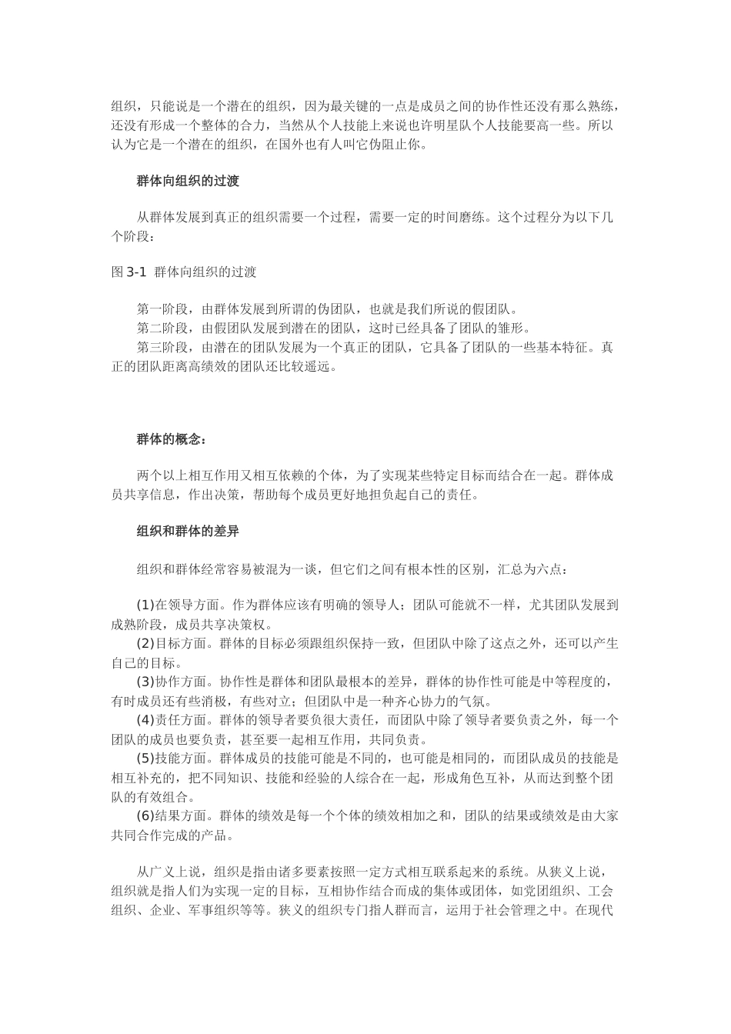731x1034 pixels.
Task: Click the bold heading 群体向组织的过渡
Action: pos(188,182)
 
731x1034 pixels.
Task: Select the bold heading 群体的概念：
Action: pos(172,439)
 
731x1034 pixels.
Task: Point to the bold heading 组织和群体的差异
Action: pos(188,530)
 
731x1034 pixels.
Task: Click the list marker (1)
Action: pos(145,605)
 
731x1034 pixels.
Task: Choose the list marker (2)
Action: pos(145,643)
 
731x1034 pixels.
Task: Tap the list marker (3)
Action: pos(145,681)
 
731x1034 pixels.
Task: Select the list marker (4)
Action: pos(145,719)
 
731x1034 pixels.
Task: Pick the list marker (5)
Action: pos(145,758)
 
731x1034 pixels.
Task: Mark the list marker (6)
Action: pos(145,816)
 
